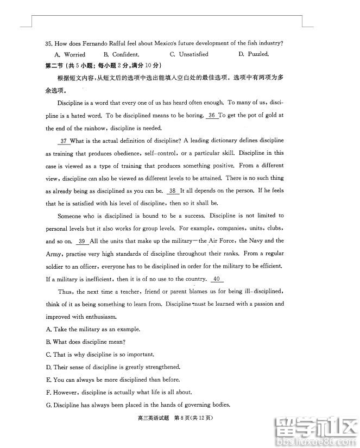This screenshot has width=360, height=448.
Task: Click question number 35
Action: [49, 43]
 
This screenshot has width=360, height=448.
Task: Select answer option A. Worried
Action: [70, 54]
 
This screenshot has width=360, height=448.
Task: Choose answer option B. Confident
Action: [121, 54]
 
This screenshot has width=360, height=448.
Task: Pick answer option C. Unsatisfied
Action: [189, 54]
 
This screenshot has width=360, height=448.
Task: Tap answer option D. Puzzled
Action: [254, 54]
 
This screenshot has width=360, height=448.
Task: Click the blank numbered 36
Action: [212, 115]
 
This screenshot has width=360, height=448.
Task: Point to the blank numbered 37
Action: [63, 141]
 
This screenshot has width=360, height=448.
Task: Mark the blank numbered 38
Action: [172, 191]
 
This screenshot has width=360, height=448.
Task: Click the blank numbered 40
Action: [216, 279]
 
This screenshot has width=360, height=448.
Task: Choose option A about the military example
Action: [93, 329]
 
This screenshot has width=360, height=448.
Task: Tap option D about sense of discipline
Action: [113, 367]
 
